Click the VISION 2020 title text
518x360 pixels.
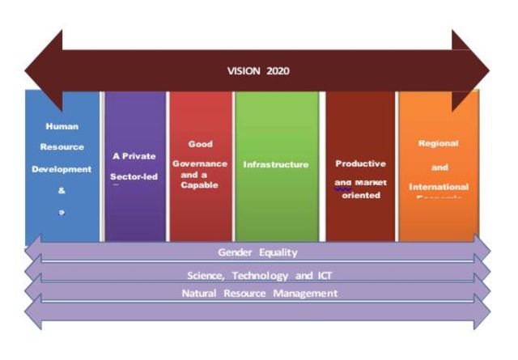258,70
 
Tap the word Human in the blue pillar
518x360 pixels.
62,126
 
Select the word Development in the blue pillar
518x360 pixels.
62,170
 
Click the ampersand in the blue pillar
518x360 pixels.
62,191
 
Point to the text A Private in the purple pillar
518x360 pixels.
134,155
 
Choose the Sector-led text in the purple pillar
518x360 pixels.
134,176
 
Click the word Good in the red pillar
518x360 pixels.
200,144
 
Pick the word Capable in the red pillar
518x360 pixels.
200,184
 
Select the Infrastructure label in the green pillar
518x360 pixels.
276,164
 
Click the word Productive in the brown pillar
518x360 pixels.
361,163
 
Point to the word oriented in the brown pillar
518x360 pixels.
361,195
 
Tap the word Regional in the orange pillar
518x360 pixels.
439,143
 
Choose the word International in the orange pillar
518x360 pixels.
439,187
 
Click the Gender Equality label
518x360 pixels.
257,252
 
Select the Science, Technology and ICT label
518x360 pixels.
257,275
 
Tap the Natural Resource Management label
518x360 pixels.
259,293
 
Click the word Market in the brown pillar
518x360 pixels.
372,182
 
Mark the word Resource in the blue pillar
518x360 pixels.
62,147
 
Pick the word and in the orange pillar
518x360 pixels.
439,167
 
